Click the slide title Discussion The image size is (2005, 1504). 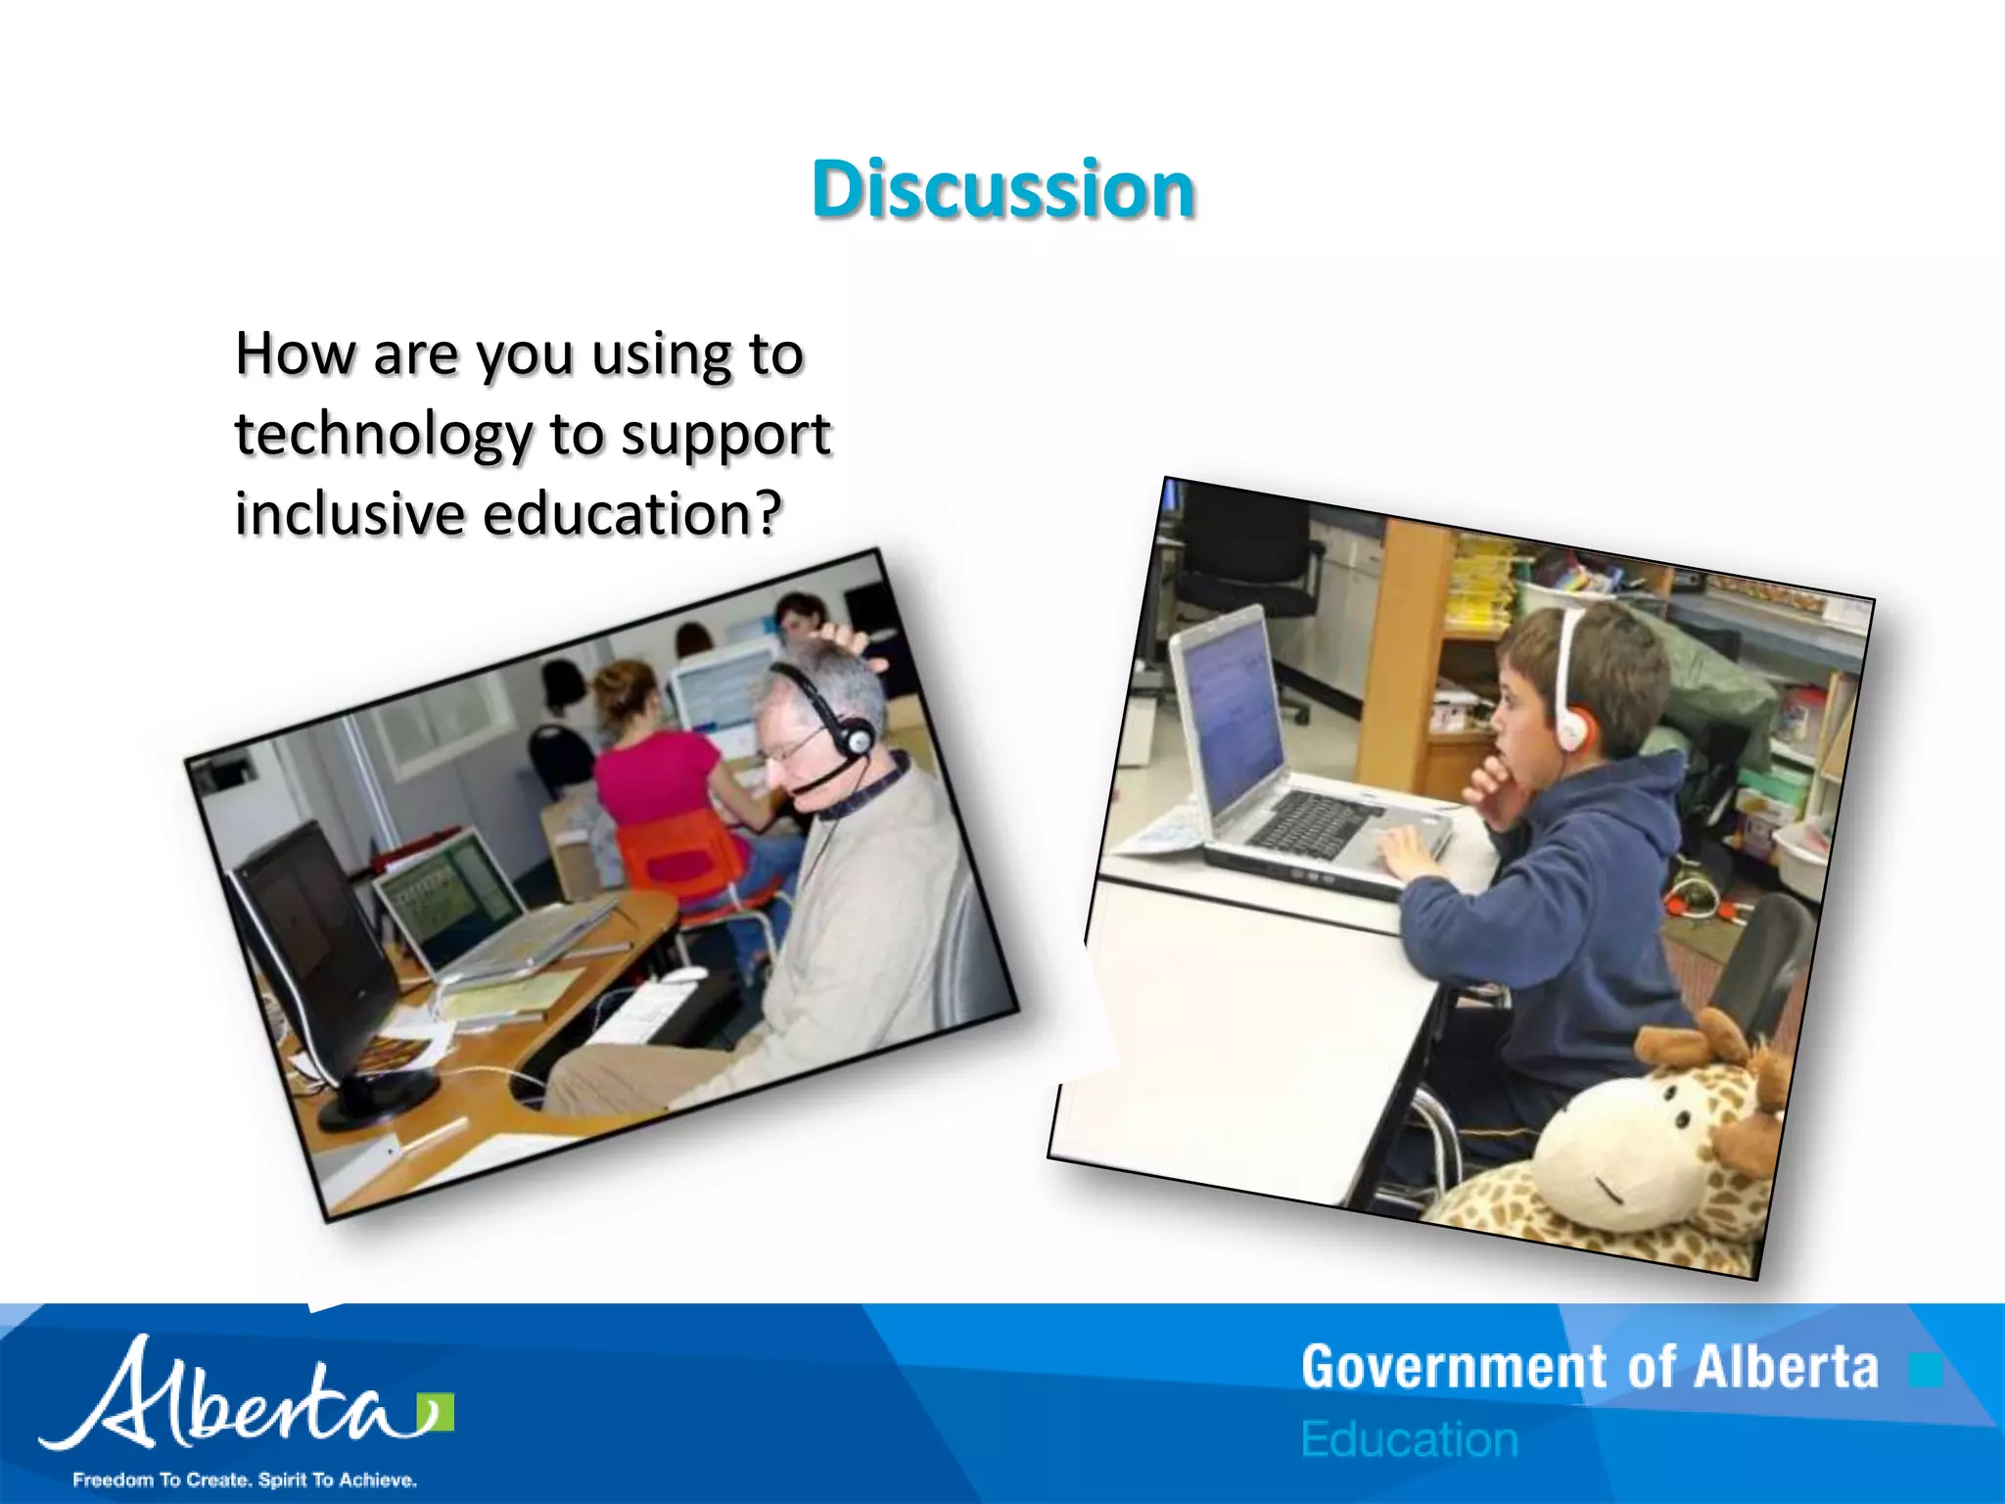point(1002,189)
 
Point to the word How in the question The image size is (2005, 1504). point(295,353)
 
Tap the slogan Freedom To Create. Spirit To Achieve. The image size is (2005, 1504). point(245,1480)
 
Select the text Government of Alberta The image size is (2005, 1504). point(1589,1368)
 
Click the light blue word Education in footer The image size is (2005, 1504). point(1409,1439)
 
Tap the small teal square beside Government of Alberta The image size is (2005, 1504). point(1924,1371)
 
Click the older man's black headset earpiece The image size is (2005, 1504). point(855,737)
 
